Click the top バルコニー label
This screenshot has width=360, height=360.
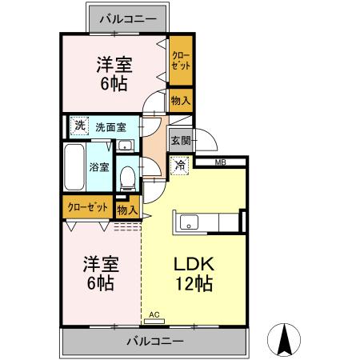(128, 16)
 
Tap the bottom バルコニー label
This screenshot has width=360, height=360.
(154, 342)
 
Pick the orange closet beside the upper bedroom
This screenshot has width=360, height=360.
(181, 61)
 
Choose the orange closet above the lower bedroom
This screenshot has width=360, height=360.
(88, 206)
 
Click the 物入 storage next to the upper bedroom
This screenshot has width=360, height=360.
(181, 100)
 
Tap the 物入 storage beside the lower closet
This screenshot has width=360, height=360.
(127, 210)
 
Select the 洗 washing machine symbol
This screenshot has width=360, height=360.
(78, 126)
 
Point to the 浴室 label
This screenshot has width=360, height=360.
(99, 168)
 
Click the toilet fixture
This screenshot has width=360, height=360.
(126, 174)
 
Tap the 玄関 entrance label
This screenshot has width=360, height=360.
(180, 141)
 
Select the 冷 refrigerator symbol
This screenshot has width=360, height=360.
(180, 165)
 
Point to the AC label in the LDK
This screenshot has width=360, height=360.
(154, 317)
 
